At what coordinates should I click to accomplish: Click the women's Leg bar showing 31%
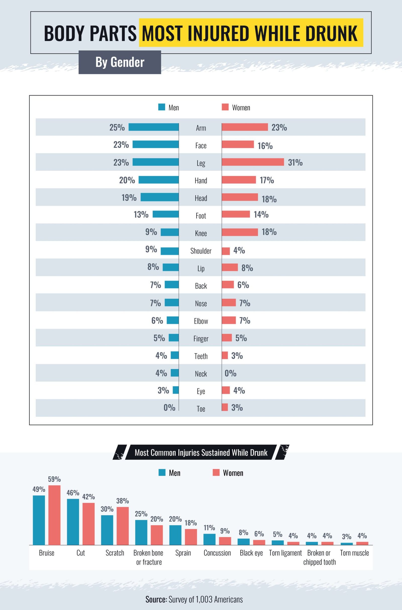click(253, 162)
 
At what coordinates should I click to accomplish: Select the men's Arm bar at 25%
click(154, 127)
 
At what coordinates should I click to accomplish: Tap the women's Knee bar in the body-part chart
click(240, 232)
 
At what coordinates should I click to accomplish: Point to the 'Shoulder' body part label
click(201, 251)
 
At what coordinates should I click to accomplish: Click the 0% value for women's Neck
click(230, 373)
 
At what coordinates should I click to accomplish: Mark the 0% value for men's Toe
click(169, 408)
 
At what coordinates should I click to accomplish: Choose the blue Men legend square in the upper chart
click(162, 107)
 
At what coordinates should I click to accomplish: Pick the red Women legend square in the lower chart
click(216, 473)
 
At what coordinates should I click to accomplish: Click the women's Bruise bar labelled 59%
click(54, 515)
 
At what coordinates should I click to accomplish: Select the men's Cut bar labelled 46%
click(73, 522)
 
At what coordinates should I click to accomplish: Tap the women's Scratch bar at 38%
click(123, 526)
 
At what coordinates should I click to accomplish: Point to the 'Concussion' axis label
click(217, 553)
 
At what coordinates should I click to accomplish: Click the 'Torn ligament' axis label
click(285, 553)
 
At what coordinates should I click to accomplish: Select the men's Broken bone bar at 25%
click(141, 533)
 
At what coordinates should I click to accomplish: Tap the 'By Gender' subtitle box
click(120, 62)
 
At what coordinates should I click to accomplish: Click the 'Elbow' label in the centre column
click(201, 321)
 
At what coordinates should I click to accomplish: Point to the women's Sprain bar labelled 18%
click(191, 537)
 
